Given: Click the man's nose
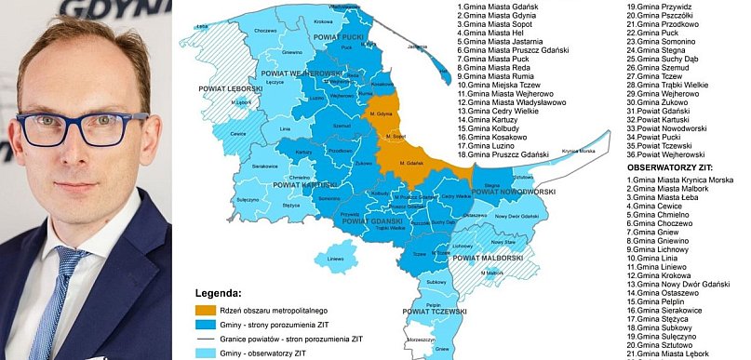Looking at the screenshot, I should pyautogui.click(x=82, y=149).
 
